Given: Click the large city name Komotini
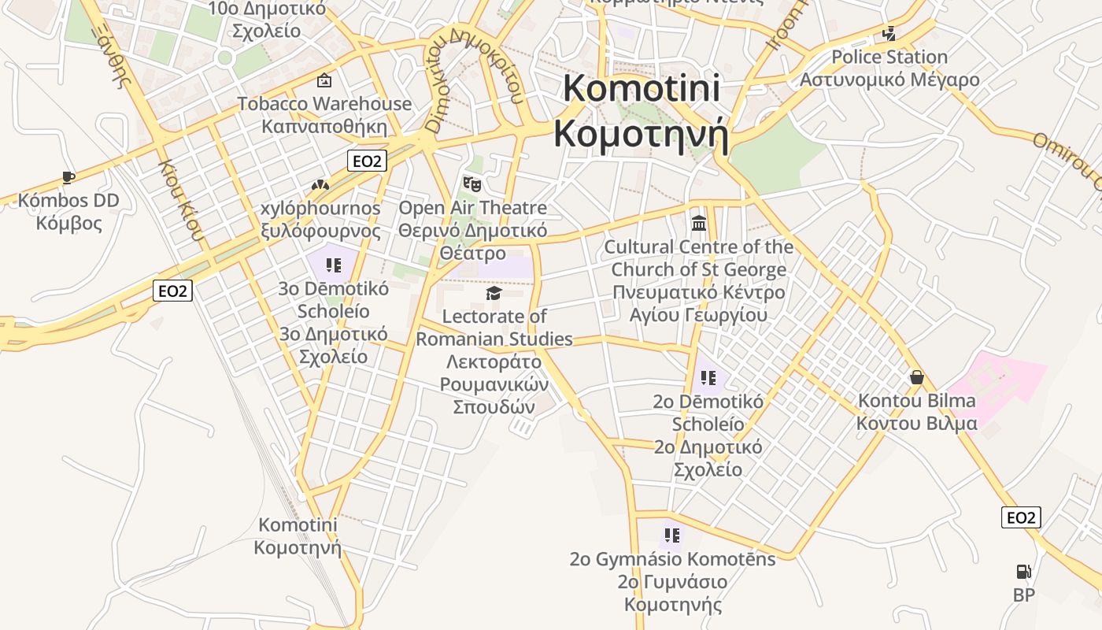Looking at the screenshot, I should pos(641,88).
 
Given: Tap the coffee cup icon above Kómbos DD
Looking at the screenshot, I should pos(68,178).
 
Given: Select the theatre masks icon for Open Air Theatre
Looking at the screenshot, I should pos(471,185).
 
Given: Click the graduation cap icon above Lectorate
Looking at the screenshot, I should pos(494,294).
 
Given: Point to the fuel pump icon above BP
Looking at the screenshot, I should pos(1023,572).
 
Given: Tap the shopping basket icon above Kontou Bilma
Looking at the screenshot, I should pos(916,377).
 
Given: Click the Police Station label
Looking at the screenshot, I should pos(889,57).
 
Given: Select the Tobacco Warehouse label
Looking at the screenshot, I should pos(324,104).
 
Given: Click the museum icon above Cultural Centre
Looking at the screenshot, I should pos(698,224).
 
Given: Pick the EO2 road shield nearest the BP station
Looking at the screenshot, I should pos(1021,517).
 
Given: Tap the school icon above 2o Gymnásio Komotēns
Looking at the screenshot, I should pos(671,536).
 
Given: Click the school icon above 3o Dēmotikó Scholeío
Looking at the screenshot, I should pos(333,265).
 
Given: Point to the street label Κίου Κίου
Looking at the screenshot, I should pos(181,200).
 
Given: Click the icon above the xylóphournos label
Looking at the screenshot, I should pos(320,186).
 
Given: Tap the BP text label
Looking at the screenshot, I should pos(1023,595).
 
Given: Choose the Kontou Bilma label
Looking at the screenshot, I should pos(916,401).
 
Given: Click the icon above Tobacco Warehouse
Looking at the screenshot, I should pos(324,80).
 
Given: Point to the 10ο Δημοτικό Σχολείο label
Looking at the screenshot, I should pos(266,20).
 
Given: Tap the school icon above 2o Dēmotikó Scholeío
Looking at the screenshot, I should pos(708,378).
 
